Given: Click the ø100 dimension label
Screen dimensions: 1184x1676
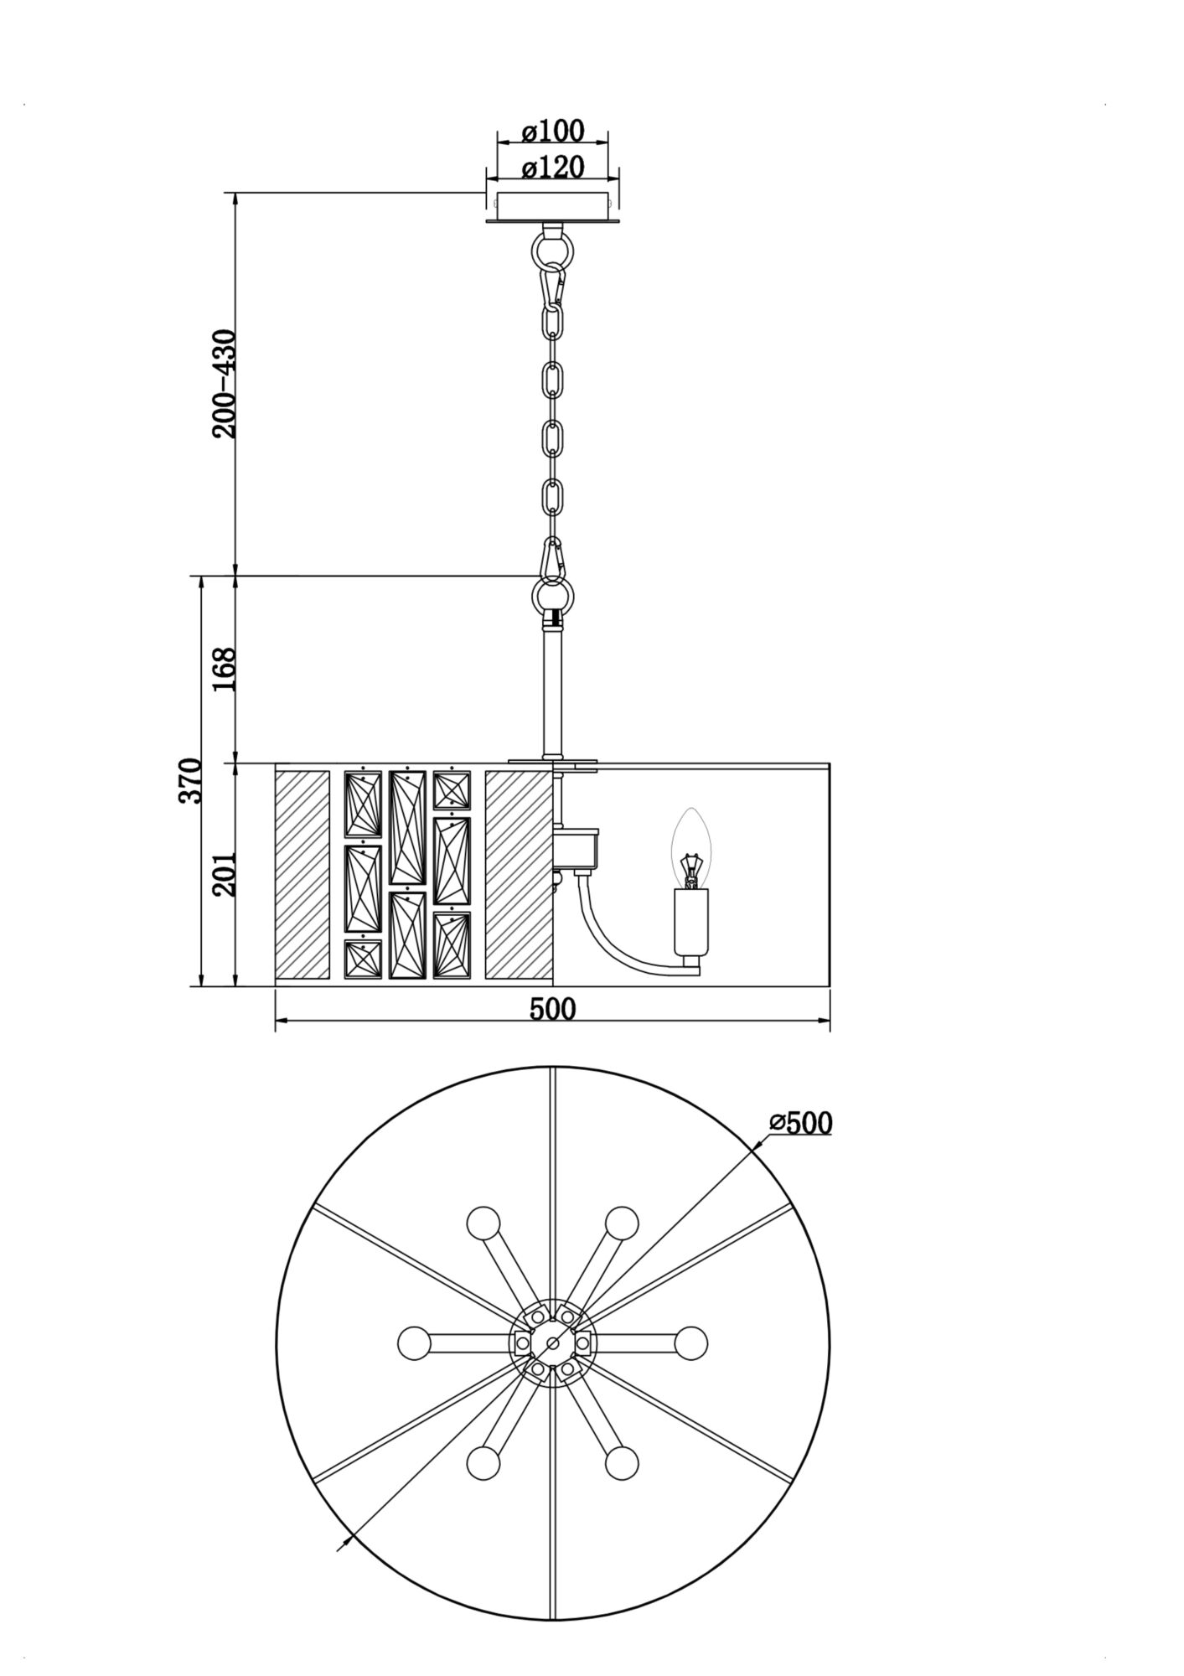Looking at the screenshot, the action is pyautogui.click(x=552, y=132).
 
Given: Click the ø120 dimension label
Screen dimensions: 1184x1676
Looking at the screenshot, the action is pyautogui.click(x=552, y=168).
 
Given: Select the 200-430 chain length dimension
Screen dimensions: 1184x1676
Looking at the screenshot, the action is pyautogui.click(x=225, y=383).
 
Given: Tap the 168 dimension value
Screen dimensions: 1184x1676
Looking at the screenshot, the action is pyautogui.click(x=225, y=669).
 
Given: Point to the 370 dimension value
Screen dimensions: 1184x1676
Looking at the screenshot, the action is pyautogui.click(x=190, y=780).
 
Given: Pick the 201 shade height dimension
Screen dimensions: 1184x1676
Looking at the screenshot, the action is pyautogui.click(x=225, y=874).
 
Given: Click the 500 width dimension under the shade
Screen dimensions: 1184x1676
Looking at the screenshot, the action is pyautogui.click(x=552, y=1009).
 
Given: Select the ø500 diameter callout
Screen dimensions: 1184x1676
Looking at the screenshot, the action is pyautogui.click(x=800, y=1123).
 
